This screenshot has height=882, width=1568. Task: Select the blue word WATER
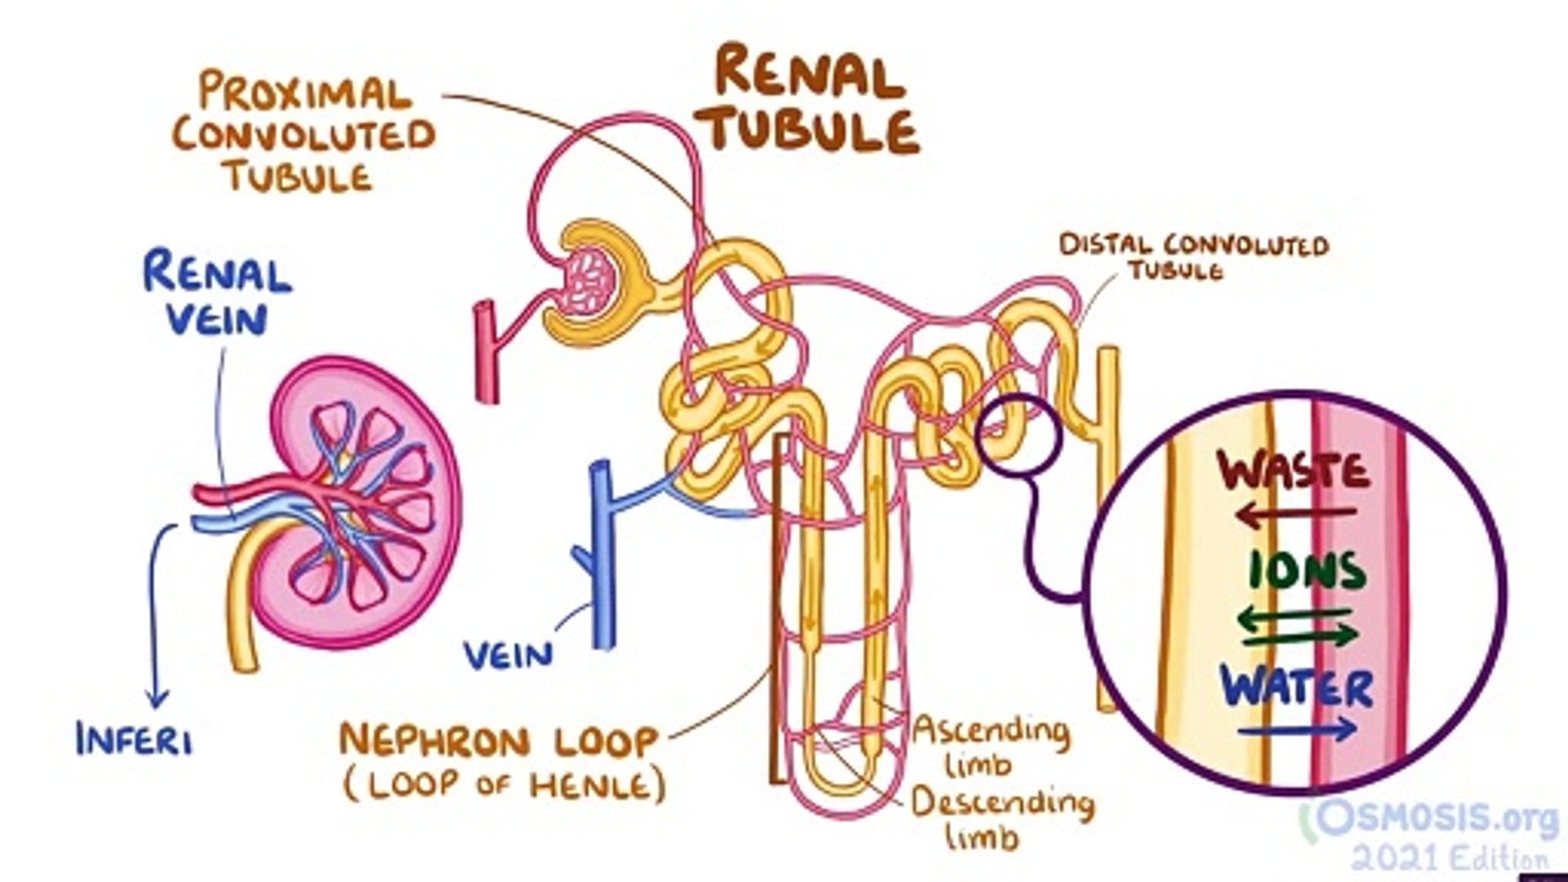pos(1297,688)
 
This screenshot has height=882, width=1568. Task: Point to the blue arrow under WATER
pos(1297,729)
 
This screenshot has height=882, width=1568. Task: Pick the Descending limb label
pos(1001,817)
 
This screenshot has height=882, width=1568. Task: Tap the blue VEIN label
pos(508,655)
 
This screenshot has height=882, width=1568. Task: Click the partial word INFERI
pos(135,740)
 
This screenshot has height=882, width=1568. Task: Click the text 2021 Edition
pos(1449,858)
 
